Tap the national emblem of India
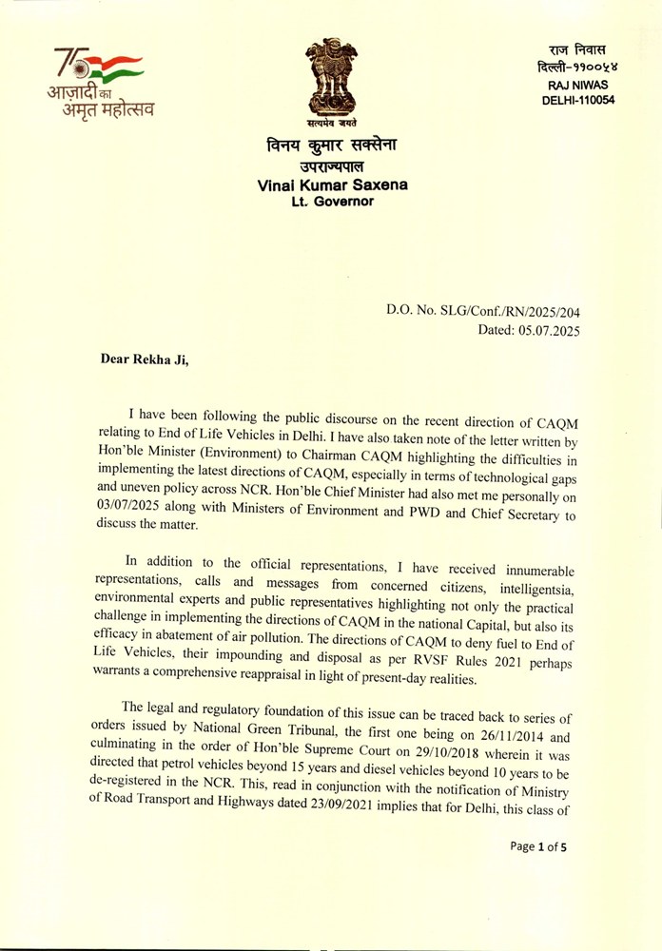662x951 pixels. (331, 80)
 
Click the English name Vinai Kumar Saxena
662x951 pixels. (332, 185)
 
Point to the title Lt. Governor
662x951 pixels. (333, 202)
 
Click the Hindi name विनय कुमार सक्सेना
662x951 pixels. (332, 146)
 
